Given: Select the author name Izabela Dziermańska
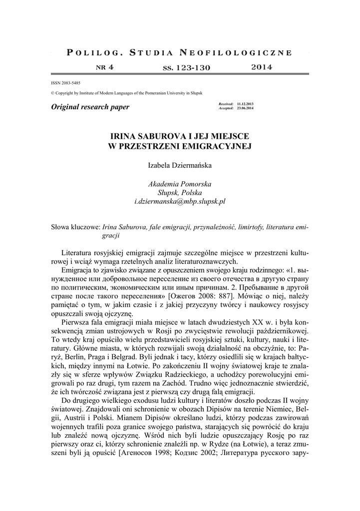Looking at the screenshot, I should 180,165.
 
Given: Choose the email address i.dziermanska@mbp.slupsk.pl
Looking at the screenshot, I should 180,202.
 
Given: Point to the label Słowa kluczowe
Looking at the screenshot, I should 75,227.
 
